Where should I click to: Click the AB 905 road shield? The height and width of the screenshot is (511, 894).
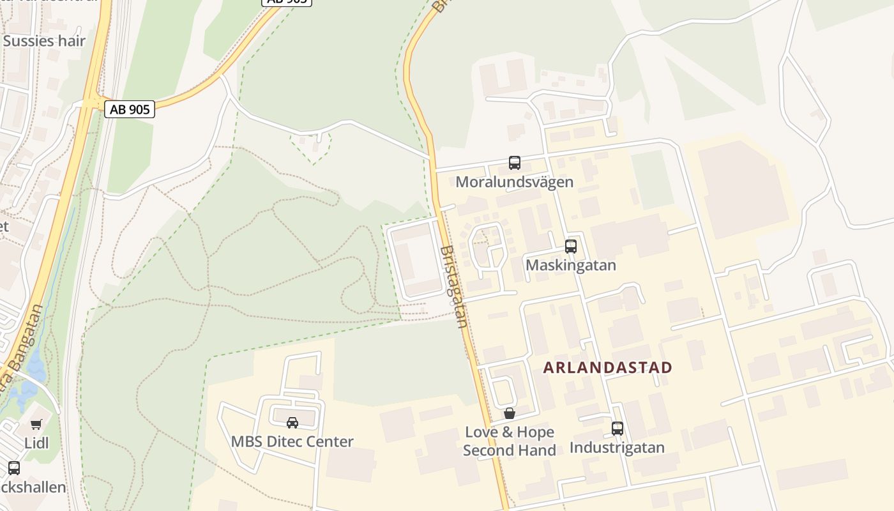(130, 109)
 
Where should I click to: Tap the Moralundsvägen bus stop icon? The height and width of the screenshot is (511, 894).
(515, 162)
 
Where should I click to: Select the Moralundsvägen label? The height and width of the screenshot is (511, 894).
(514, 182)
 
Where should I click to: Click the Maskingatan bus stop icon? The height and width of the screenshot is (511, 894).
(571, 246)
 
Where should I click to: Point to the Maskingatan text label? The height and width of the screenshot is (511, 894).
(571, 265)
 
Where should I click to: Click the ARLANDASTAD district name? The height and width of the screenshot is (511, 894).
(608, 367)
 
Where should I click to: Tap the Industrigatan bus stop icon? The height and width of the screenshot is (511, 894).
(617, 428)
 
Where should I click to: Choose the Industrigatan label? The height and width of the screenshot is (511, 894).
(617, 448)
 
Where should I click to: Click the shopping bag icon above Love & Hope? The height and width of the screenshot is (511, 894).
(509, 413)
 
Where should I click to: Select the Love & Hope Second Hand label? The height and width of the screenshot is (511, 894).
(509, 441)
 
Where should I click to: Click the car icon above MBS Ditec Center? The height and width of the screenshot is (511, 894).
(292, 422)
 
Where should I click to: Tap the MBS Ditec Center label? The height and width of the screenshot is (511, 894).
(292, 441)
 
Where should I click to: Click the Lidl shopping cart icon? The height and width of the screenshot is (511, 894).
(36, 424)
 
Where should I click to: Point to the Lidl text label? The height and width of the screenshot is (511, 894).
(36, 443)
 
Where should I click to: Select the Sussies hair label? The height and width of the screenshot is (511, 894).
(44, 42)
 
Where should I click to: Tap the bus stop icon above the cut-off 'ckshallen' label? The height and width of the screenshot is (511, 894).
(14, 468)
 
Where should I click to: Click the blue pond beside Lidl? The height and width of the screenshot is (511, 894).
(32, 377)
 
